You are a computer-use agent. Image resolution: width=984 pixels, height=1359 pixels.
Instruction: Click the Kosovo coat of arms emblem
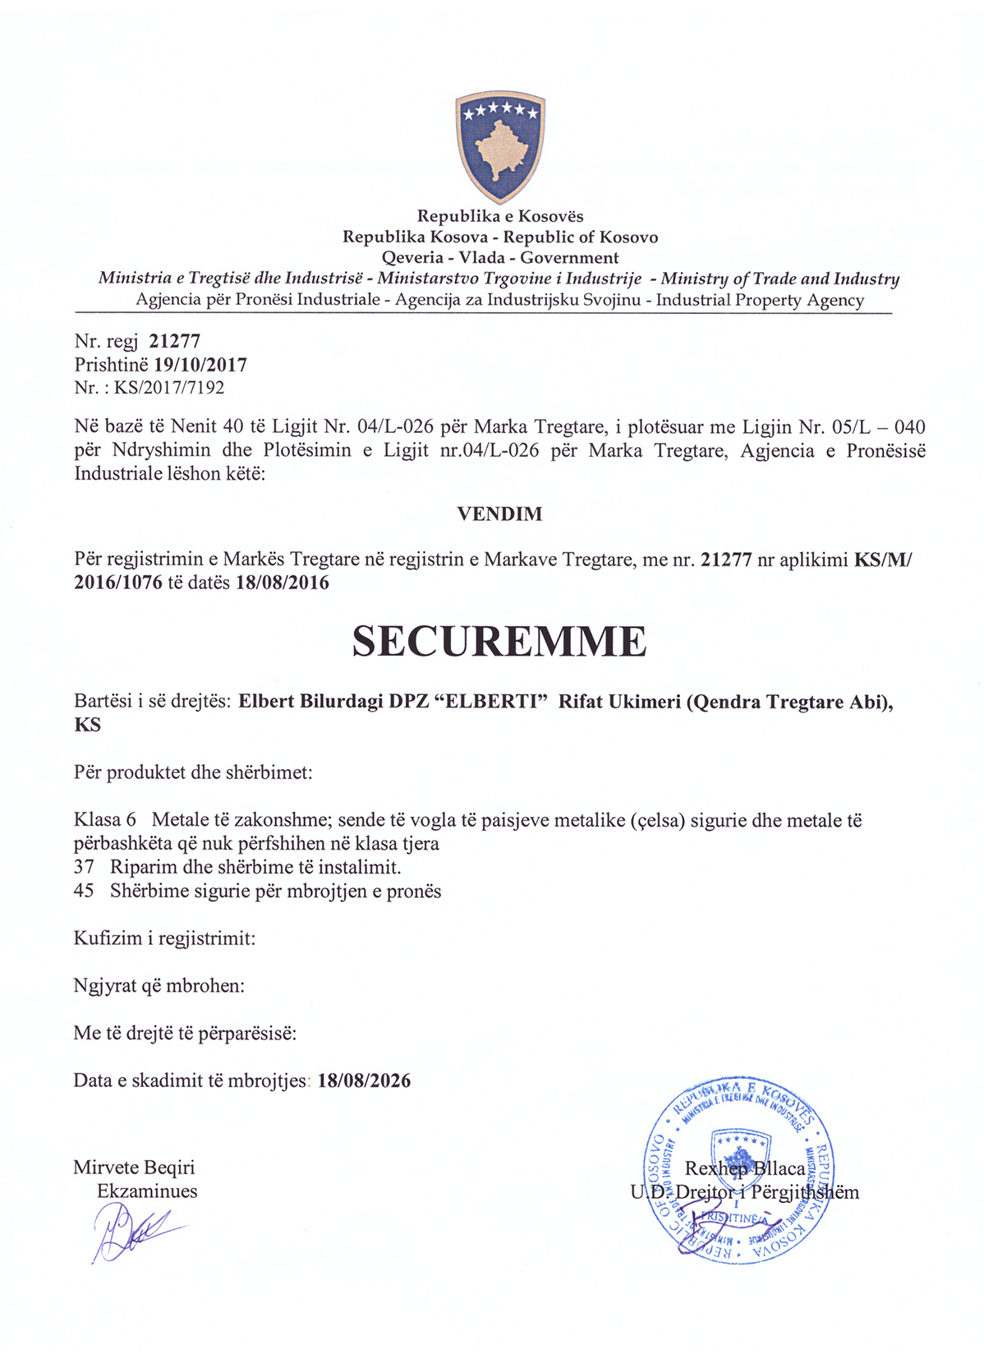(500, 147)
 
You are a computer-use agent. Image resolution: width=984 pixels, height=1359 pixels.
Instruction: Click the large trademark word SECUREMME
(499, 642)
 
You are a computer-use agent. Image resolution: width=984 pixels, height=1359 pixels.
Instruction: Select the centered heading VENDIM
(499, 514)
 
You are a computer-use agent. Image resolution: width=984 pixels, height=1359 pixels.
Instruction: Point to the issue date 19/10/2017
(200, 365)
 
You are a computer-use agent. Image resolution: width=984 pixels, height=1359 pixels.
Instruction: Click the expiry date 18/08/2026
(364, 1080)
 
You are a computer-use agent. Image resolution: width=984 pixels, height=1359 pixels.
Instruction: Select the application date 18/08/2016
(283, 583)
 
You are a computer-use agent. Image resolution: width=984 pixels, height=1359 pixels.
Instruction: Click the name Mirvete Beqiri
(134, 1168)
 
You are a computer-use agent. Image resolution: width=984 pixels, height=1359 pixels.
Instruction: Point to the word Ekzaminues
(147, 1191)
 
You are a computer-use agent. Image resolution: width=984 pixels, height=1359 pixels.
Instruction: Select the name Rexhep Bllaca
(745, 1168)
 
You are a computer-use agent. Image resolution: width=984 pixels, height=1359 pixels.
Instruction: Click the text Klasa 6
(105, 820)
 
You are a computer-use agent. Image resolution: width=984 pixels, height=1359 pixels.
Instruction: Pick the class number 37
(84, 867)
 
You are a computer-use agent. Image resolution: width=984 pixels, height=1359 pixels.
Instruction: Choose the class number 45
(84, 891)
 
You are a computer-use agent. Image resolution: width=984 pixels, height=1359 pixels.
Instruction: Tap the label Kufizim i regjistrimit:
(164, 938)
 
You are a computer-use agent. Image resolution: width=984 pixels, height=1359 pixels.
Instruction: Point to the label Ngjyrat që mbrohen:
(159, 985)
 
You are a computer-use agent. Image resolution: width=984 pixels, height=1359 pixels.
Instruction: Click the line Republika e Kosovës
(500, 216)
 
